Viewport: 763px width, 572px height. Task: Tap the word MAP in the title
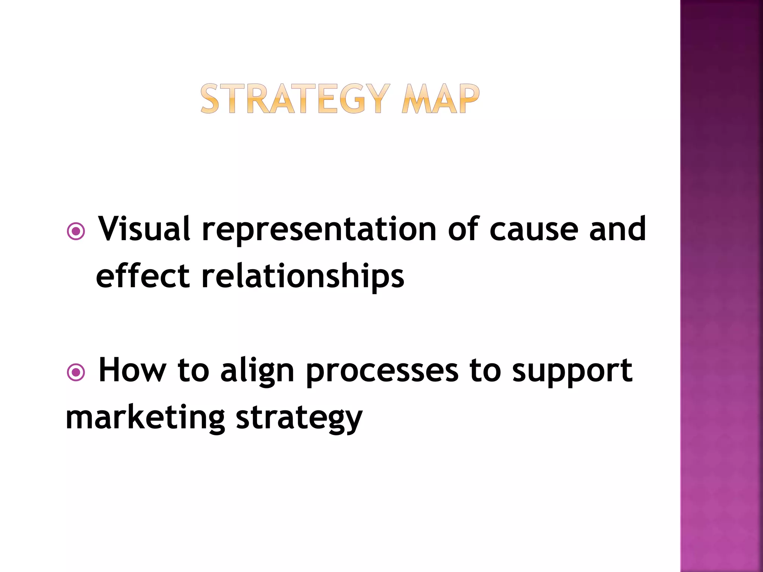[440, 99]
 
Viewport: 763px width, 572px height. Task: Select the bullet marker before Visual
[76, 231]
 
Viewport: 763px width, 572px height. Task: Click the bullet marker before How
[76, 372]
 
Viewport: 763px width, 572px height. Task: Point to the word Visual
[144, 229]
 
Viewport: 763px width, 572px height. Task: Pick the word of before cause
[463, 229]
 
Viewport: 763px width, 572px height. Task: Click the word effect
[143, 276]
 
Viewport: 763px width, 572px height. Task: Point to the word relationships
[303, 277]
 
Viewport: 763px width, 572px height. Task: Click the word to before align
[193, 371]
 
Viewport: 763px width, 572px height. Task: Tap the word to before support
[485, 371]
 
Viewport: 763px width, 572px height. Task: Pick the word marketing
[146, 418]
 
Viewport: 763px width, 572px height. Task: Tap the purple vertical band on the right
[721, 286]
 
